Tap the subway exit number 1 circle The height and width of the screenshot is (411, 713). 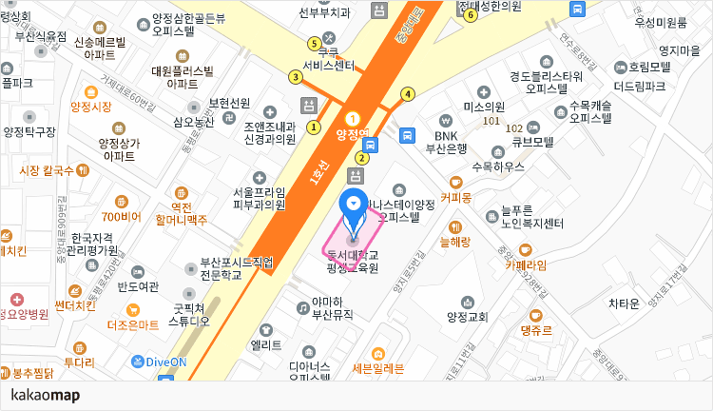(x=314, y=127)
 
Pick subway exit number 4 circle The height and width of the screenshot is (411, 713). (x=408, y=93)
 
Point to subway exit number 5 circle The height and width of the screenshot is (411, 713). (x=315, y=43)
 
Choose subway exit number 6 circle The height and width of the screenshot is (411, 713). (x=470, y=15)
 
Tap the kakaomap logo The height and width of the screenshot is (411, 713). (x=45, y=395)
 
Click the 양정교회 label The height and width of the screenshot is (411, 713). (x=466, y=316)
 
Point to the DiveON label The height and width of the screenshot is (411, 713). (x=165, y=362)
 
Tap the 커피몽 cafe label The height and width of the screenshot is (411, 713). (x=455, y=198)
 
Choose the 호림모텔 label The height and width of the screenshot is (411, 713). (x=648, y=67)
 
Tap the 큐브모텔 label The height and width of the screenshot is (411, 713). (x=533, y=143)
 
